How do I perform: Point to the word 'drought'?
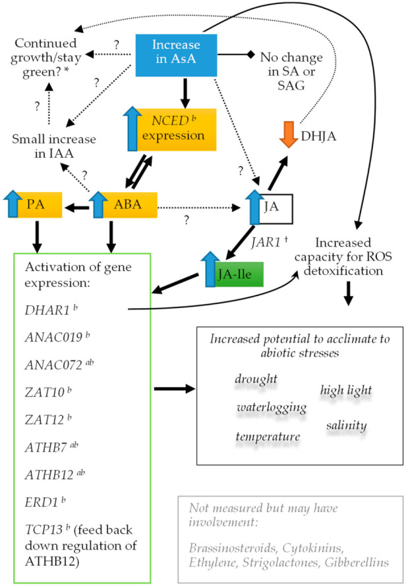point(256,380)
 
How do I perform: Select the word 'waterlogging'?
point(271,408)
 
